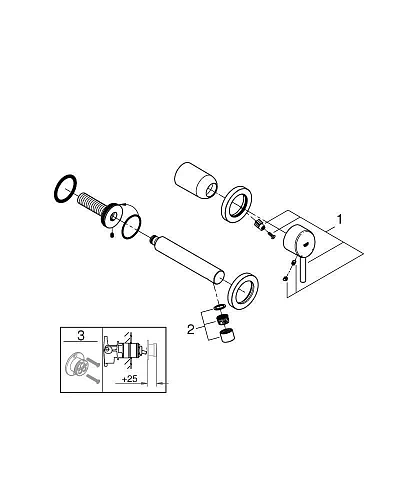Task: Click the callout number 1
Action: [x=339, y=220]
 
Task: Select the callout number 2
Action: [x=191, y=330]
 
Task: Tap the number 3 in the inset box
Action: [x=81, y=335]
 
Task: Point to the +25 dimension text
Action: [x=130, y=379]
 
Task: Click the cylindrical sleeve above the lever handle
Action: [x=195, y=181]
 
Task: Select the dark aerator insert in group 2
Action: [x=222, y=320]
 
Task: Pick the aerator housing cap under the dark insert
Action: [x=227, y=335]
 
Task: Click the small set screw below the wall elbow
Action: [x=113, y=236]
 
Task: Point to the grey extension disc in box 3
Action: [x=76, y=366]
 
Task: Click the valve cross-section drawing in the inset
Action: [x=127, y=351]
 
